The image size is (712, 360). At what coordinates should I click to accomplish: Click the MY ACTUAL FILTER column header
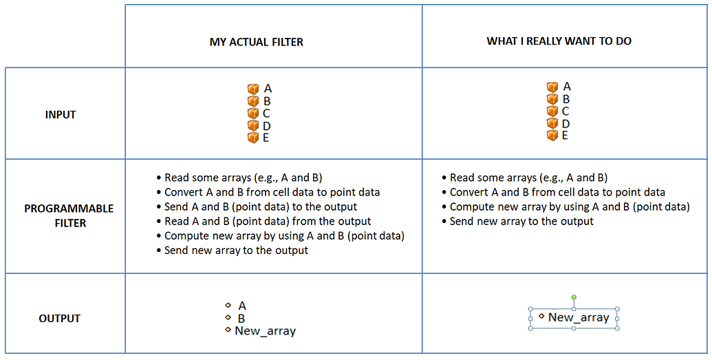pyautogui.click(x=256, y=42)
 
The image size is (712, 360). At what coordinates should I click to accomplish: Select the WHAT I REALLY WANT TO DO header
pyautogui.click(x=559, y=41)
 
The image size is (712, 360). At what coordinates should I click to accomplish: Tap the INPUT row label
pyautogui.click(x=61, y=114)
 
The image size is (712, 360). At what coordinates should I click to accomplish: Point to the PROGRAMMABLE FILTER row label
pyautogui.click(x=69, y=215)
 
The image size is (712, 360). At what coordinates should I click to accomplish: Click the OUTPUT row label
pyautogui.click(x=60, y=319)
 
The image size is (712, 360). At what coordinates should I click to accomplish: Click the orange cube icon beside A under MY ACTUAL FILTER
pyautogui.click(x=253, y=89)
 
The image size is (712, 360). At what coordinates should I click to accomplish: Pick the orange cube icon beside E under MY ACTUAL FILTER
pyautogui.click(x=253, y=138)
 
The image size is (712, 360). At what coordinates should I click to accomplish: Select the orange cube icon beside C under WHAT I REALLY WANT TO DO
pyautogui.click(x=552, y=112)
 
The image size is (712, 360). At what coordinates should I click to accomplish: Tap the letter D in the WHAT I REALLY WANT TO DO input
pyautogui.click(x=566, y=123)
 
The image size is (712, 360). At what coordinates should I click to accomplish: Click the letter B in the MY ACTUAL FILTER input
pyautogui.click(x=267, y=101)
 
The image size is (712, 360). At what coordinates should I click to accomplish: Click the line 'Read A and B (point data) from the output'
pyautogui.click(x=268, y=221)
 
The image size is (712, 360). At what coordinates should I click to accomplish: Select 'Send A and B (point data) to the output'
pyautogui.click(x=261, y=207)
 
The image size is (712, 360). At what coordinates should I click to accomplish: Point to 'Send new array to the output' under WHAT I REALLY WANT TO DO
pyautogui.click(x=521, y=221)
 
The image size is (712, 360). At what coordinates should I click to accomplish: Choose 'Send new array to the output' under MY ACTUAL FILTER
pyautogui.click(x=236, y=251)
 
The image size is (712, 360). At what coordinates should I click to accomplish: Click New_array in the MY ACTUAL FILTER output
pyautogui.click(x=265, y=331)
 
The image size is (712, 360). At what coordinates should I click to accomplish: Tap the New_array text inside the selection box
pyautogui.click(x=579, y=317)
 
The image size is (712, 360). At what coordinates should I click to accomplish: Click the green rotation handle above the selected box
pyautogui.click(x=574, y=297)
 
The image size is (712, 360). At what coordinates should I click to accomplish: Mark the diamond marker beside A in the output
pyautogui.click(x=228, y=305)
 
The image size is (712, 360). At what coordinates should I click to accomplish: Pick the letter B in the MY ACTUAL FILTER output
pyautogui.click(x=241, y=319)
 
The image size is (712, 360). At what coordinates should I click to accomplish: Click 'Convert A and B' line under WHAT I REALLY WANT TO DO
pyautogui.click(x=557, y=192)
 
